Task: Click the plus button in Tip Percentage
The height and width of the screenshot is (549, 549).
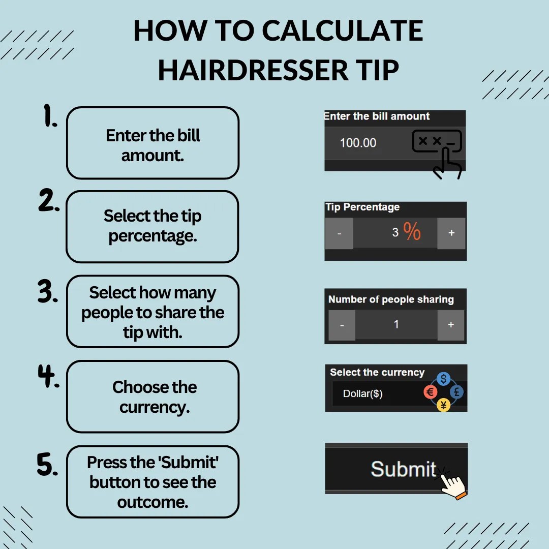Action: [451, 233]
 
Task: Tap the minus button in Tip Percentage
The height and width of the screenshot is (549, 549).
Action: [339, 233]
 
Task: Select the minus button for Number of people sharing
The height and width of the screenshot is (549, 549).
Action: [342, 325]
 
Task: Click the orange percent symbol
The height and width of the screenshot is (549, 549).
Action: [412, 231]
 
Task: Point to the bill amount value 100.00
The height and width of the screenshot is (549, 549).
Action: [358, 143]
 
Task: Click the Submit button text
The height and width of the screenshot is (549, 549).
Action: [403, 469]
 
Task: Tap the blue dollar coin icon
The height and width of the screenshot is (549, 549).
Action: [444, 379]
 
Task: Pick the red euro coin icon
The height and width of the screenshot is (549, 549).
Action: [431, 392]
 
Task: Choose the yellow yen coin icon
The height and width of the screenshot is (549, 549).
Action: [443, 405]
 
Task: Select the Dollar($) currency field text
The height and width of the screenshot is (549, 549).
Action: [362, 394]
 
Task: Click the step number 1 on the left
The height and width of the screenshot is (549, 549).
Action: [50, 117]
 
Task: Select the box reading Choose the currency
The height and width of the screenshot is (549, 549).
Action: [152, 396]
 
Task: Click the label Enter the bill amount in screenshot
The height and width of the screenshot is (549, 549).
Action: [377, 116]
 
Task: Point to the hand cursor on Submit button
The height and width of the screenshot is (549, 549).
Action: [452, 484]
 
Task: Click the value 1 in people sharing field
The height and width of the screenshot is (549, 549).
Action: [396, 324]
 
